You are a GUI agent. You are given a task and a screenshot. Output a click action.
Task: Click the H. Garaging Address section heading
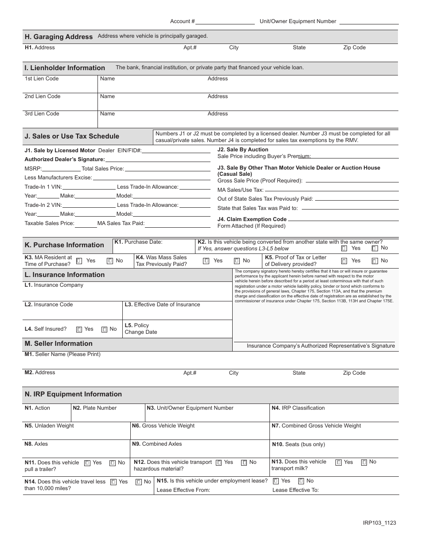point(58,37)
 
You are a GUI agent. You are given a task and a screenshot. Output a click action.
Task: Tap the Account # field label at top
point(182,21)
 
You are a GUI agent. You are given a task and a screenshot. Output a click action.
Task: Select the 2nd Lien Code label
point(42,96)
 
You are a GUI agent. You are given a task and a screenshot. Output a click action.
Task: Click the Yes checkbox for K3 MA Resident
point(79,261)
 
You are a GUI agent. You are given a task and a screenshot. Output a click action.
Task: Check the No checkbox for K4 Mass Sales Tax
point(237,261)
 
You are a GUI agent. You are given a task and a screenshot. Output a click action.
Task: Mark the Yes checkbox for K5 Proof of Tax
point(344,261)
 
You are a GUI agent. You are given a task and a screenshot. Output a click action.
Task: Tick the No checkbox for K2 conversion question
point(375,249)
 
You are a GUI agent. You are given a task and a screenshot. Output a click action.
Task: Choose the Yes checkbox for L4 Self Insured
point(79,329)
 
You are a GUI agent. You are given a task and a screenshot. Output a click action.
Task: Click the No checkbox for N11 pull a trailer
point(113,463)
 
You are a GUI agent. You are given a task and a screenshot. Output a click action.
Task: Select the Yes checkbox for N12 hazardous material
point(218,463)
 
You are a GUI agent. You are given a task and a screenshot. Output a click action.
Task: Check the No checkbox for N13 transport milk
point(364,463)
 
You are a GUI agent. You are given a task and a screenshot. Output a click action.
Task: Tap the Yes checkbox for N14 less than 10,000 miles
point(113,482)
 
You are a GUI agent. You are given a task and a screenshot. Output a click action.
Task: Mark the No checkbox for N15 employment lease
point(301,481)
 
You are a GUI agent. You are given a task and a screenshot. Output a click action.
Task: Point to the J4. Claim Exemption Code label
point(252,219)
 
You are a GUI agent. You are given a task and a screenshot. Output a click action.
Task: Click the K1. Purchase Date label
point(138,242)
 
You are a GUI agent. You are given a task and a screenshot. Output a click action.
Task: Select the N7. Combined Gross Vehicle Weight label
point(316,426)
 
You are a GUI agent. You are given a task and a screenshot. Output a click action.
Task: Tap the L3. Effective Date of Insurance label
point(162,305)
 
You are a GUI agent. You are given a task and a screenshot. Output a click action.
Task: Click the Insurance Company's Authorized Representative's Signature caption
point(320,346)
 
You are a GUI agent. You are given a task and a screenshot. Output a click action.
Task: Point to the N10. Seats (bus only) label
point(298,444)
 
